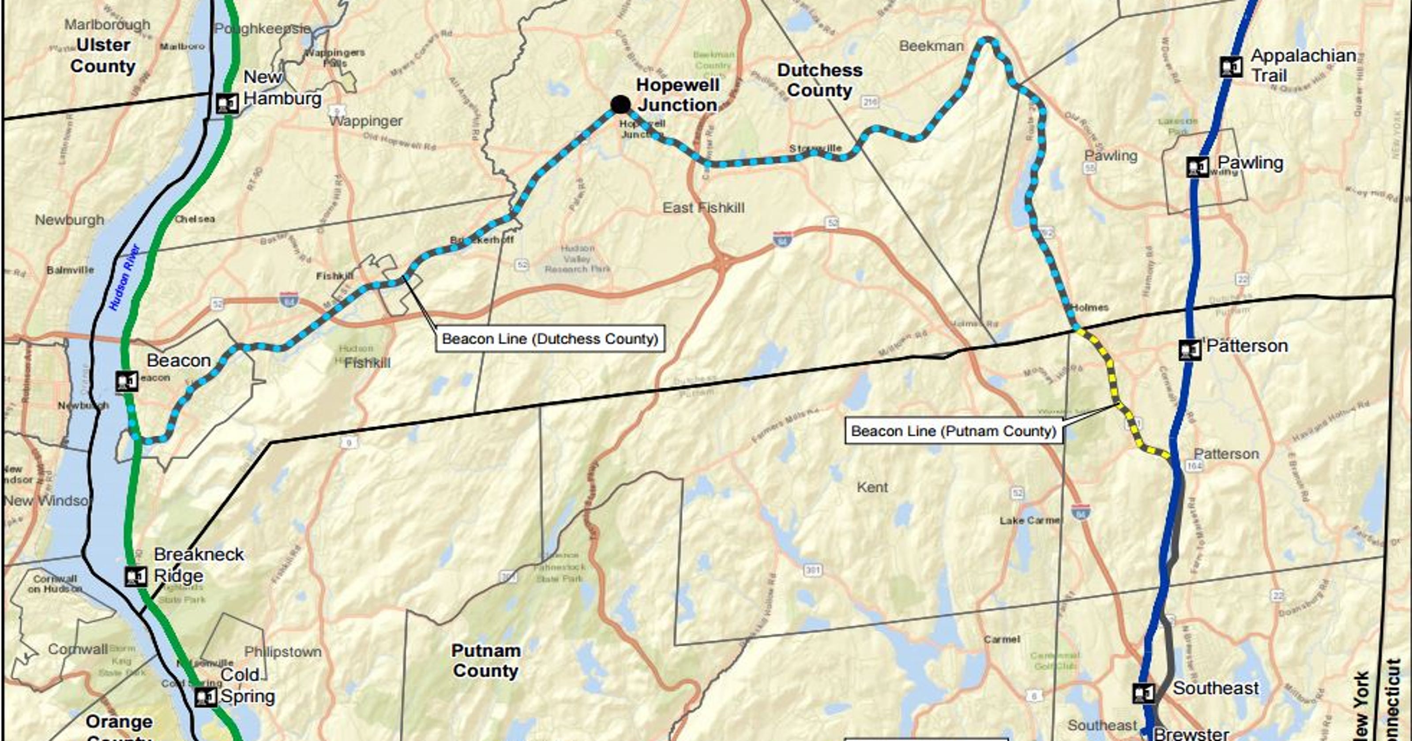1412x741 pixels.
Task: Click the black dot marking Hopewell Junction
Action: coord(620,104)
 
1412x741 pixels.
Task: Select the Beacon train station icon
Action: coord(127,382)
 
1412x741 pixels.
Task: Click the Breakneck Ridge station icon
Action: coord(135,576)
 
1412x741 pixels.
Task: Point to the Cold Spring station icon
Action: coord(206,697)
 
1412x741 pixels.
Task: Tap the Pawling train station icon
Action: coord(1198,167)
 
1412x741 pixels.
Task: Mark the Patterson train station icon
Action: coord(1190,350)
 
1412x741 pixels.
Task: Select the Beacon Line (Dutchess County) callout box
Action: coord(550,339)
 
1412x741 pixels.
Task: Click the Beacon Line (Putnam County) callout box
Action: coord(953,431)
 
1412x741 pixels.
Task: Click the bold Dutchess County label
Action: coord(819,80)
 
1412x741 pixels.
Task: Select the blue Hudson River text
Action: coord(124,278)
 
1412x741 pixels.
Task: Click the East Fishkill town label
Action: coord(703,208)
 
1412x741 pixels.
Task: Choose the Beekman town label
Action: coord(931,46)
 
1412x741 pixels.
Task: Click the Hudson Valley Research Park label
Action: coord(577,259)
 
